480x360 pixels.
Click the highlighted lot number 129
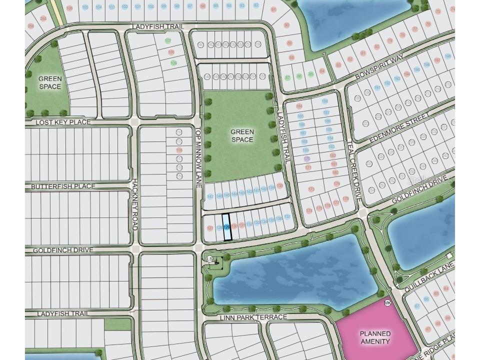pos(227,227)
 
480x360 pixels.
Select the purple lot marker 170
pos(306,158)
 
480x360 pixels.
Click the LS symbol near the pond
pos(210,258)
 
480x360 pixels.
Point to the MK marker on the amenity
pos(387,303)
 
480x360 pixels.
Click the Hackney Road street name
pos(134,205)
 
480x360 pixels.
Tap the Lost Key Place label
pos(63,122)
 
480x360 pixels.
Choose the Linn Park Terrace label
pos(253,317)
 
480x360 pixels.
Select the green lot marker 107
pos(168,40)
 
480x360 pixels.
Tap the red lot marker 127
pos(209,228)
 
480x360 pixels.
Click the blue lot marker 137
pos(287,217)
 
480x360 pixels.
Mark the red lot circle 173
pos(311,189)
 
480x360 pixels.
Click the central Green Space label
pos(242,136)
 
